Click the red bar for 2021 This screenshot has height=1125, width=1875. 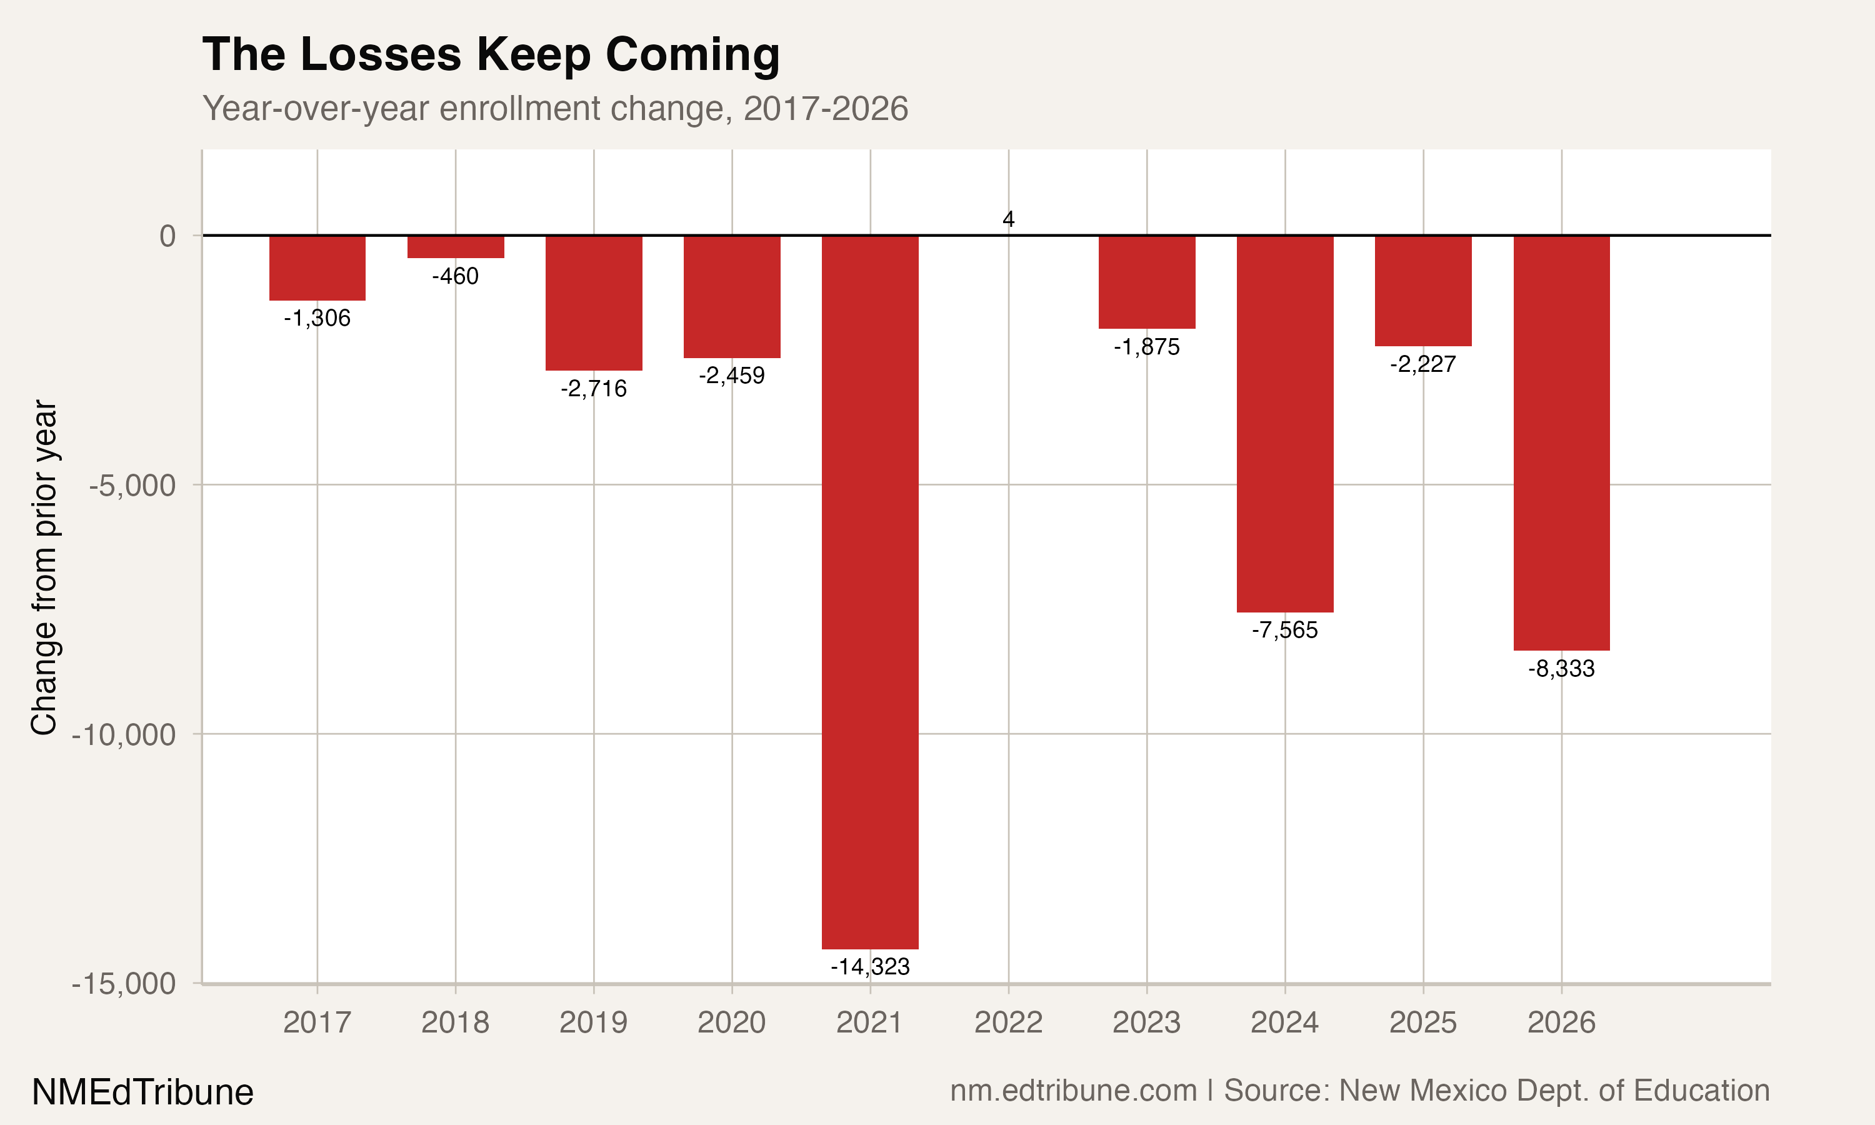(x=870, y=591)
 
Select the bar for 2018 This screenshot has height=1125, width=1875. (x=456, y=247)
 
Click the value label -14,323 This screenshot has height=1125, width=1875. (x=870, y=966)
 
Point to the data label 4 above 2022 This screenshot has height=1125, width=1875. (x=1008, y=219)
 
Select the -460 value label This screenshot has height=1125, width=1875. (x=456, y=276)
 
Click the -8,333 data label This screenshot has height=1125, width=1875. (x=1561, y=669)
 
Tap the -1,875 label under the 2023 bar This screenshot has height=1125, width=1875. (x=1147, y=347)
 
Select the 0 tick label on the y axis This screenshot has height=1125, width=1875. (x=167, y=236)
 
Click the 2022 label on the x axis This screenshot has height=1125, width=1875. (x=1008, y=1022)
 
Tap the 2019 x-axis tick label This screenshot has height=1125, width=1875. (x=593, y=1022)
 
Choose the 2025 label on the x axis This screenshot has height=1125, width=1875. (x=1422, y=1022)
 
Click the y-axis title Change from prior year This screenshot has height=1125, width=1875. (x=44, y=567)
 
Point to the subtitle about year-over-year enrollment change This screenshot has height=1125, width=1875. (x=555, y=108)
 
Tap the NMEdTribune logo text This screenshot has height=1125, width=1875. (x=142, y=1092)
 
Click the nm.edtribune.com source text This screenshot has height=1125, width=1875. (x=1073, y=1090)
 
